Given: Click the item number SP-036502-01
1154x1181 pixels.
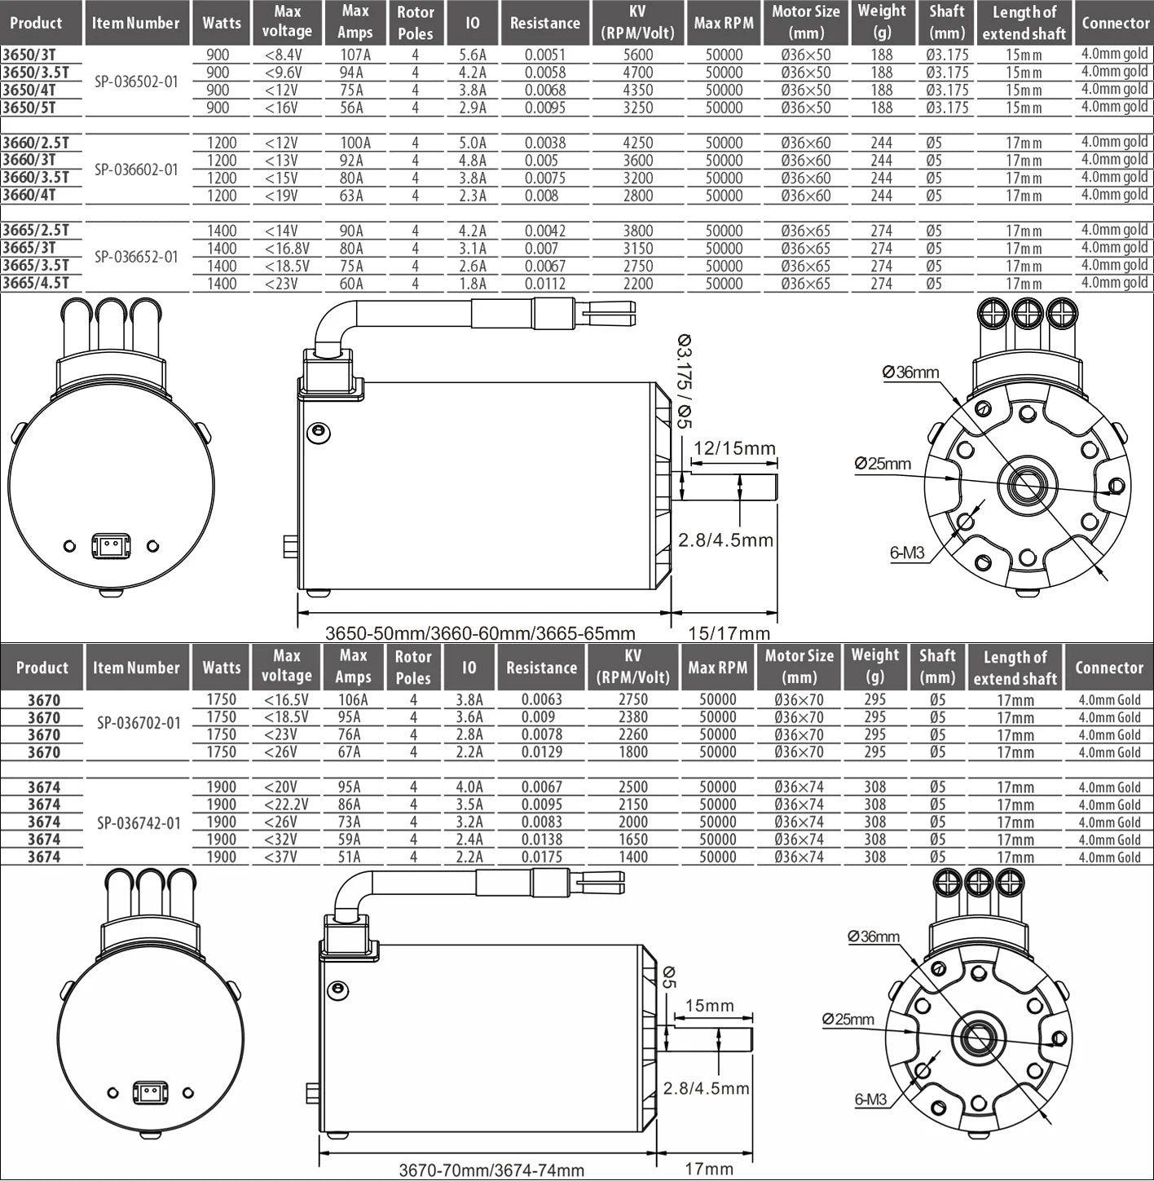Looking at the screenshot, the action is point(137,82).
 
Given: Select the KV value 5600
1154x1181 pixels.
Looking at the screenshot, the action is point(637,55).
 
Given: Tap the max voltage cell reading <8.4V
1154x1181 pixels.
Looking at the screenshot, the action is point(284,55).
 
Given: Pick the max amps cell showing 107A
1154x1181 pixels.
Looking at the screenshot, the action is point(355,55).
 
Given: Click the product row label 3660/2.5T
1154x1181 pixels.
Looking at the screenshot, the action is point(36,143).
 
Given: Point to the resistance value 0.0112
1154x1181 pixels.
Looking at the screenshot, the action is point(545,284).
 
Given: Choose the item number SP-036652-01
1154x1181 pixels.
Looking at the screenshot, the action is point(137,257).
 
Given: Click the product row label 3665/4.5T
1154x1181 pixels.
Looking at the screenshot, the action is point(36,284).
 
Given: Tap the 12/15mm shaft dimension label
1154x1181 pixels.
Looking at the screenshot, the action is point(734,448).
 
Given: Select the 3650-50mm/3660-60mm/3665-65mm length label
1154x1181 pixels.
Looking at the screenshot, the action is point(480,633).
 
